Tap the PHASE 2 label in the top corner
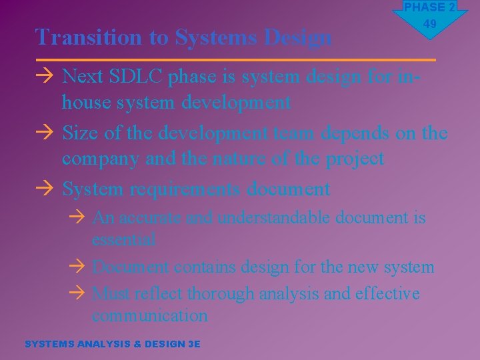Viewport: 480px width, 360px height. tap(429, 7)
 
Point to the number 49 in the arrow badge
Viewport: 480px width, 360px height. tap(429, 24)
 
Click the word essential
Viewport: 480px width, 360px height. tap(124, 239)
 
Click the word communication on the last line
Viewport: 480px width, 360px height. tap(150, 315)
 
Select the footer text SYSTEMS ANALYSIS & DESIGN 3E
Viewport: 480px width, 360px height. tap(112, 344)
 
